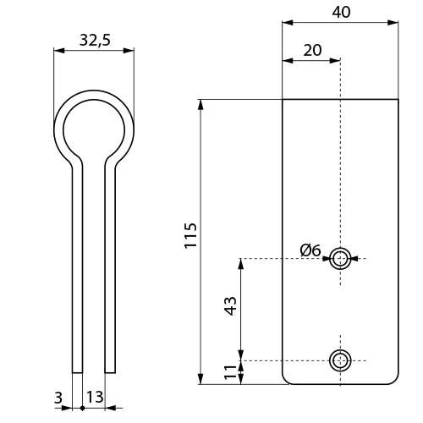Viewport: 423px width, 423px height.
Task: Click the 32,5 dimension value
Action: click(x=95, y=40)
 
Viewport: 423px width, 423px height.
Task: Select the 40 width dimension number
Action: click(x=341, y=13)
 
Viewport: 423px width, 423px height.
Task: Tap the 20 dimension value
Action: click(x=312, y=51)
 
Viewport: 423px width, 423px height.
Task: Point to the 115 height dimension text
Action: click(x=190, y=235)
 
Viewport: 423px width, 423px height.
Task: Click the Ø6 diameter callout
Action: click(x=310, y=250)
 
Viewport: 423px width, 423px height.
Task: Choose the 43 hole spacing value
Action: click(x=230, y=305)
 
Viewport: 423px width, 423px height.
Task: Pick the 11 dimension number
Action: click(x=230, y=372)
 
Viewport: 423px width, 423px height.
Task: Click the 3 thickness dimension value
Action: click(x=58, y=398)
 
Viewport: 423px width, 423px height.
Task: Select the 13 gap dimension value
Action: click(x=95, y=397)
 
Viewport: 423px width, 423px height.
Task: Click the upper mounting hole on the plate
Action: click(x=340, y=258)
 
